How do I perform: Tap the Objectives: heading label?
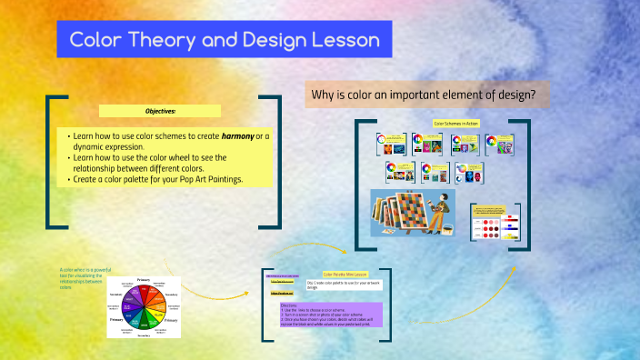160,111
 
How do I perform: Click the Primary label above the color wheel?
143,279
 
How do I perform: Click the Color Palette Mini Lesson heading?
345,274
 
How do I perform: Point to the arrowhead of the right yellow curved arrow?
514,269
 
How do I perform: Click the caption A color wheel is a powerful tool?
86,277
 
